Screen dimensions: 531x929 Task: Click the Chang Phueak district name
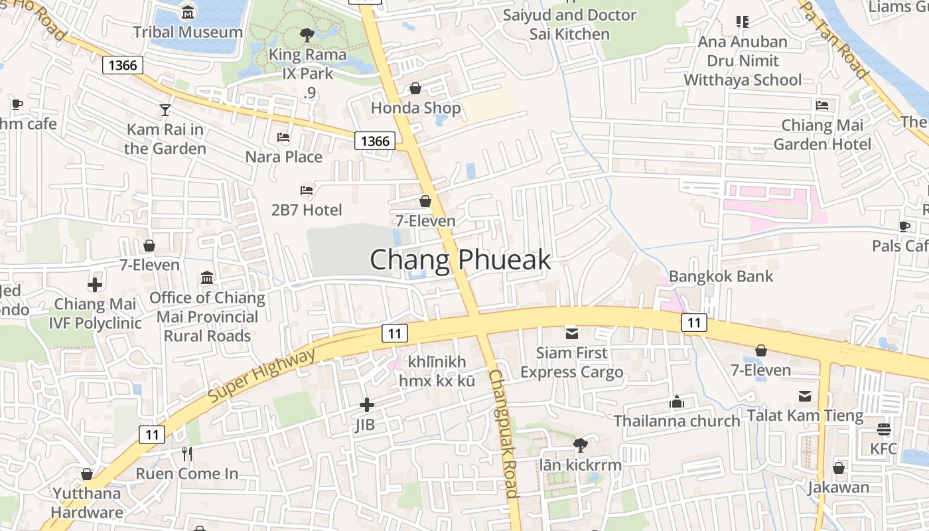pos(460,260)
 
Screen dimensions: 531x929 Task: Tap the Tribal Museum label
pos(188,32)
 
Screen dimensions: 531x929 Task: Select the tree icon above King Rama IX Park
pos(307,35)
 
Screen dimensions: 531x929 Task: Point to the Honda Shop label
pos(415,108)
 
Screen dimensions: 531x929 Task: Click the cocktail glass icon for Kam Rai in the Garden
pos(165,110)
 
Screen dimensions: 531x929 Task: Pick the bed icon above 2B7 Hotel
pos(307,190)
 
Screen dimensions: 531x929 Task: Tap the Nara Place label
pos(284,157)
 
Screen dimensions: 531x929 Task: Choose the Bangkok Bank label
pos(721,276)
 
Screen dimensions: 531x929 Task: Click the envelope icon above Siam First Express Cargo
pos(571,333)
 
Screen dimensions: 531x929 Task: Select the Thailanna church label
pos(676,421)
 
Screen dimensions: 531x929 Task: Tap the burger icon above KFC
pos(883,429)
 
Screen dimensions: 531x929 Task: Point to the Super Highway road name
pos(262,375)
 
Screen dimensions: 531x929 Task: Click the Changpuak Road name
pos(502,433)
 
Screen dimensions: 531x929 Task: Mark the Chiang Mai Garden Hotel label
pos(822,134)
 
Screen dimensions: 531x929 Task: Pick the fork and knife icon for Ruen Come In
pos(187,454)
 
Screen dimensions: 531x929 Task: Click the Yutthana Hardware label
pos(87,502)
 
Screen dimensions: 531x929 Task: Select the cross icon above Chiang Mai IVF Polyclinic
pos(95,285)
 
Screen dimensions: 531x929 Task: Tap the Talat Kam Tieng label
pos(805,416)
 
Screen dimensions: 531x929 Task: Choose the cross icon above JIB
pos(366,404)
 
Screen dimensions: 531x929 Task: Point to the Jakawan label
pos(838,487)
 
